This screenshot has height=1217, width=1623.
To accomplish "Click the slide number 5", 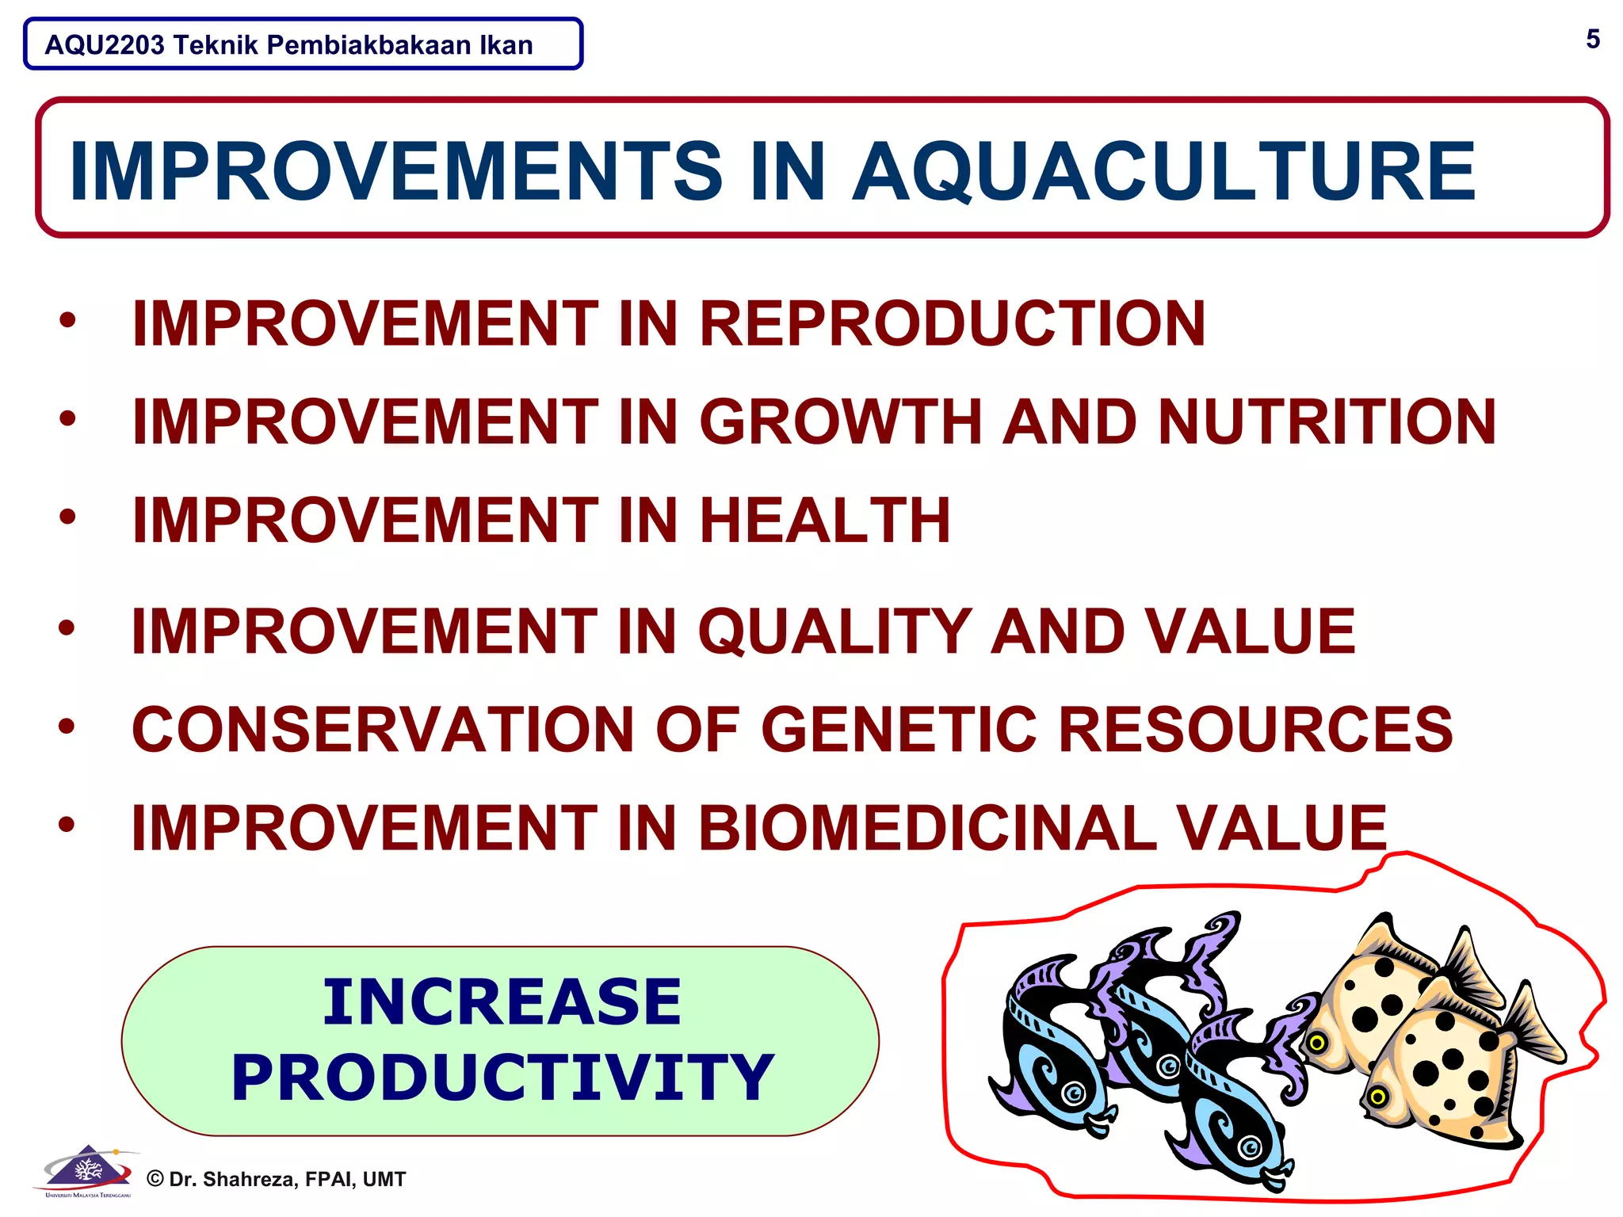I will tap(1592, 39).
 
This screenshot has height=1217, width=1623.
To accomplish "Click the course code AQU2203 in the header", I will tap(105, 45).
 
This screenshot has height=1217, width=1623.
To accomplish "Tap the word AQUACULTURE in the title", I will tap(1163, 171).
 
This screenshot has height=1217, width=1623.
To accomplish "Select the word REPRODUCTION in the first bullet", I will tap(952, 323).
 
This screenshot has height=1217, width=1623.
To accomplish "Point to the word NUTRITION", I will tap(1327, 422).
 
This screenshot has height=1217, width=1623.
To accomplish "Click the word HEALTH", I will tap(824, 521).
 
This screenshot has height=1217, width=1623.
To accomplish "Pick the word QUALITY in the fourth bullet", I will tap(834, 631).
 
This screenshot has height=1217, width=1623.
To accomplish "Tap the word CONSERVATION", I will tap(383, 730).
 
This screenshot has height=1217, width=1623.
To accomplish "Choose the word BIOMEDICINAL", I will tap(926, 828).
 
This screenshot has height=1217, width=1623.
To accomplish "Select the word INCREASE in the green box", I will tap(501, 1001).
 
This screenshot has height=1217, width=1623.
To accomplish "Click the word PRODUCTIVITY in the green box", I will tap(501, 1078).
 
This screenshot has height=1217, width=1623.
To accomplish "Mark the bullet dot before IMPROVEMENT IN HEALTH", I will tap(67, 517).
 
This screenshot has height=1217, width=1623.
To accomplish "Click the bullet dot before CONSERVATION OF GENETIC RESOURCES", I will tap(67, 726).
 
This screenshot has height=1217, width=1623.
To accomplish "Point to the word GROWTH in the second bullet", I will tap(840, 422).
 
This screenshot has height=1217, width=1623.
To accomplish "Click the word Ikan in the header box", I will tap(506, 45).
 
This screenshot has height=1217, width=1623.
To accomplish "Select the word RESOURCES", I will tap(1255, 730).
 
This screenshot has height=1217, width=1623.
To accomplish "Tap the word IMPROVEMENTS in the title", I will tap(395, 171).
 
